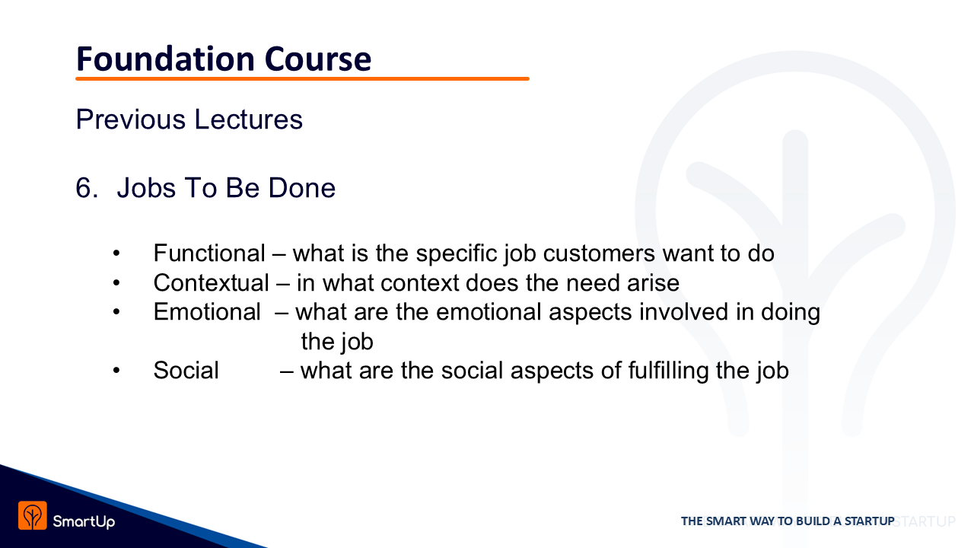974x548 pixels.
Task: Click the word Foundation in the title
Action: coord(165,59)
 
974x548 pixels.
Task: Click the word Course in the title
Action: coord(318,59)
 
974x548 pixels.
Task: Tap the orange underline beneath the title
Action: coord(302,78)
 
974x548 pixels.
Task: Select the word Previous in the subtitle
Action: coord(131,119)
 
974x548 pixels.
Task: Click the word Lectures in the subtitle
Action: coord(248,119)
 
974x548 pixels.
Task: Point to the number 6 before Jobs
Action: coord(87,188)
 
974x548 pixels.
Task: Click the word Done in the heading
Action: coord(302,188)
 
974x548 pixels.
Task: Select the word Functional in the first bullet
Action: coord(209,253)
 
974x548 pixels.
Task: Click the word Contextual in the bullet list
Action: coord(212,282)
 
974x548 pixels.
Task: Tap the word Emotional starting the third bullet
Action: coord(207,312)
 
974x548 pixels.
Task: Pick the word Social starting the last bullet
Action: coord(186,371)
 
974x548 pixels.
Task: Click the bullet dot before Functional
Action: coord(116,253)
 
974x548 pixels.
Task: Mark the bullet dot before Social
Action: coord(116,371)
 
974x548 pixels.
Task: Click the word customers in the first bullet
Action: coord(599,253)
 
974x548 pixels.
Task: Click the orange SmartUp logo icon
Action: coord(33,516)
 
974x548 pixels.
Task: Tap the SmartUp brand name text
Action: coord(84,521)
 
